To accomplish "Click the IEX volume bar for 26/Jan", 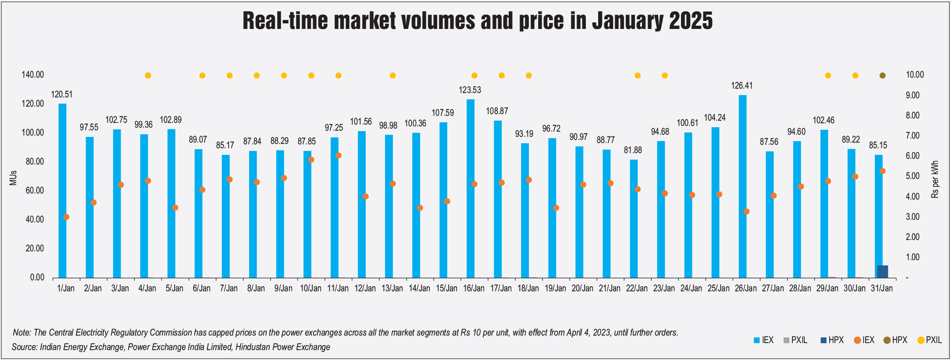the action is pos(742,186).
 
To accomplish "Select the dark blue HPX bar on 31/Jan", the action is pos(882,272).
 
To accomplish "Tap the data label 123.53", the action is pos(470,90).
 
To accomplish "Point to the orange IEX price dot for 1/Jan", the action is pos(66,217).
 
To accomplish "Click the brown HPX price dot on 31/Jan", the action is pos(882,75).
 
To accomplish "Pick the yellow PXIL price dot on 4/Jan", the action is pos(148,75).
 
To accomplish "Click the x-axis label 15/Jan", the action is pos(446,288).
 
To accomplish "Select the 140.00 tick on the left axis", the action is pos(33,75).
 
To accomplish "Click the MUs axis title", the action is pos(13,178).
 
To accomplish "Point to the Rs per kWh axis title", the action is pos(935,179).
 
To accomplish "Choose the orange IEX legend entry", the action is pos(864,340).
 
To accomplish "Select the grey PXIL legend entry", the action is pos(795,340).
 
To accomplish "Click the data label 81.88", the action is pos(633,150).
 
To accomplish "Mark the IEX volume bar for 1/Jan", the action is pos(62,191).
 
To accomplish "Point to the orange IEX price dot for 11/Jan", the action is pos(338,156).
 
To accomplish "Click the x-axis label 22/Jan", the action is pos(637,288).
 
